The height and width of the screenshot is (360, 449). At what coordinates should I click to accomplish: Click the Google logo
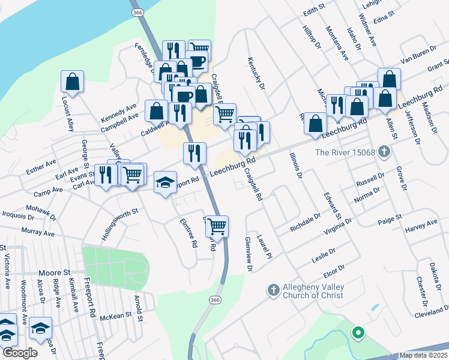click(x=20, y=353)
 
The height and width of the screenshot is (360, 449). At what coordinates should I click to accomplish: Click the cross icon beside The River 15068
click(x=384, y=152)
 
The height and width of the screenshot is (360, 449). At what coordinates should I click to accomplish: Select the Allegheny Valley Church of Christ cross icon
click(x=273, y=290)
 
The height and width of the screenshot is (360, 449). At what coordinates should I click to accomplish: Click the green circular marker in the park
click(x=358, y=331)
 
